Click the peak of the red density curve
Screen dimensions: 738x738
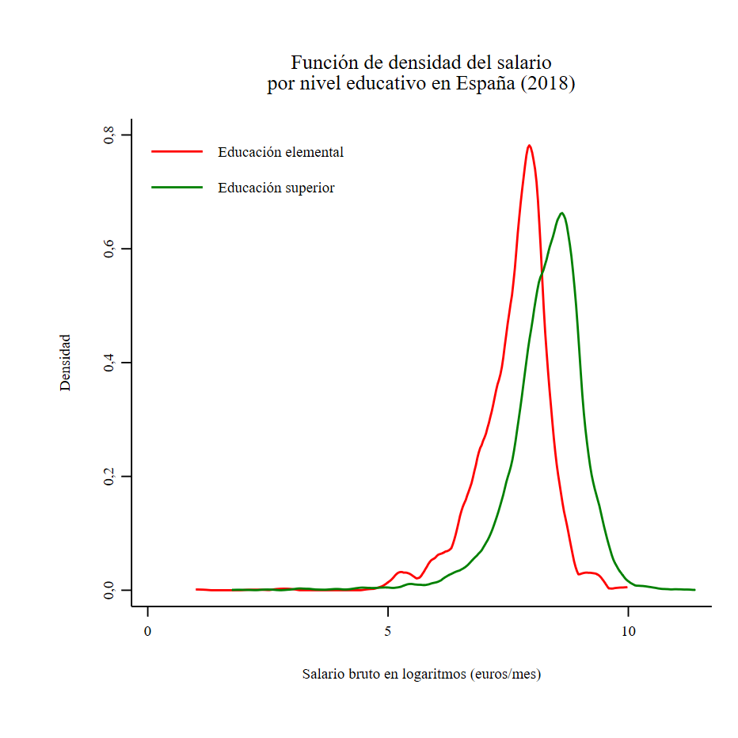tap(529, 146)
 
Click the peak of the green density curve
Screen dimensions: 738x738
tap(561, 213)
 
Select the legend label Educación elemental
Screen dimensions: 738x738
tap(280, 152)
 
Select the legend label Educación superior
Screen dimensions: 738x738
tap(276, 188)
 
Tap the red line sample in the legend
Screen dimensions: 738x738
tap(177, 150)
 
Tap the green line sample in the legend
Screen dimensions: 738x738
tap(177, 187)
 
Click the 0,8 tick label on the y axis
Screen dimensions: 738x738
tap(109, 135)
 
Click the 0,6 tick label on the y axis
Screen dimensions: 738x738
tap(109, 249)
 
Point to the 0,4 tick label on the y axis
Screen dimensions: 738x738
tap(109, 363)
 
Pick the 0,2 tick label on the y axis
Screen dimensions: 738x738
tap(109, 477)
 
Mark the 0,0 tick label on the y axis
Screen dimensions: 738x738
tap(109, 591)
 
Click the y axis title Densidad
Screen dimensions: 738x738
tap(65, 362)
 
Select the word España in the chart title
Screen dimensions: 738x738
tap(485, 84)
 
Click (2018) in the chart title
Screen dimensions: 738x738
tap(546, 84)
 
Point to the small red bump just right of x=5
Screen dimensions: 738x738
tap(401, 572)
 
